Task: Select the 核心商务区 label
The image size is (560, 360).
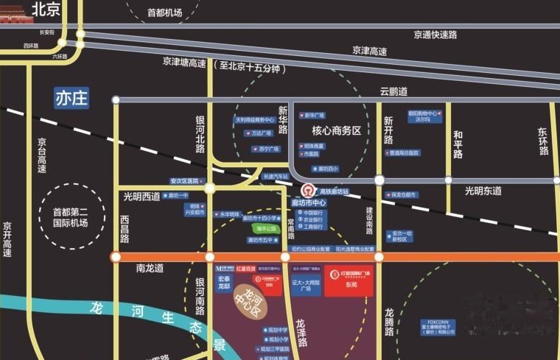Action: (337, 130)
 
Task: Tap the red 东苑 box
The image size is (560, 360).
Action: (349, 280)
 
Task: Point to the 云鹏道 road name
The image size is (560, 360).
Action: (393, 92)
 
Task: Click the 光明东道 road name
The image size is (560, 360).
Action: (483, 191)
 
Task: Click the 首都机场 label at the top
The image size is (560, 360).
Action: (164, 13)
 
